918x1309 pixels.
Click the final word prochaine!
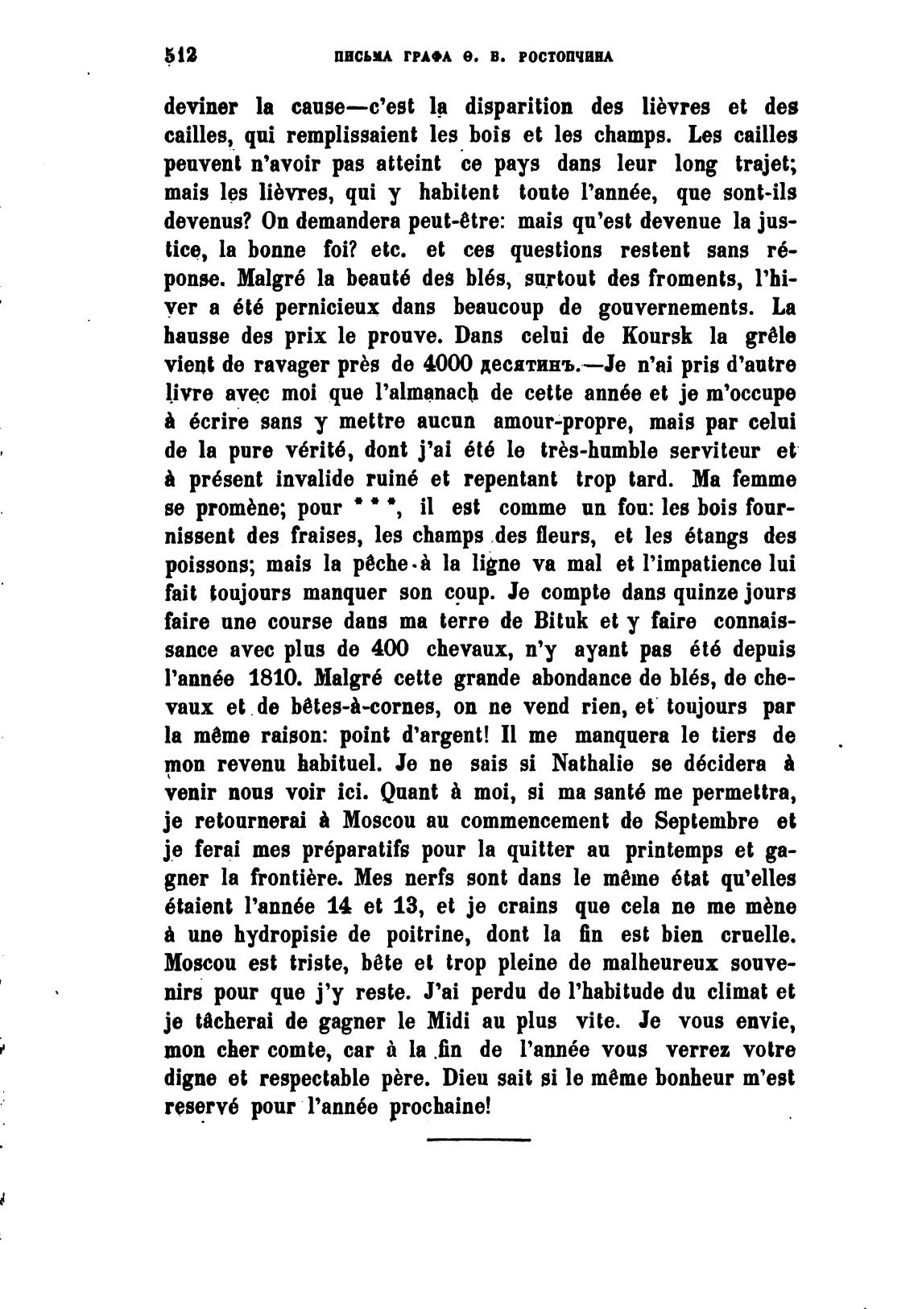tap(440, 1107)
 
